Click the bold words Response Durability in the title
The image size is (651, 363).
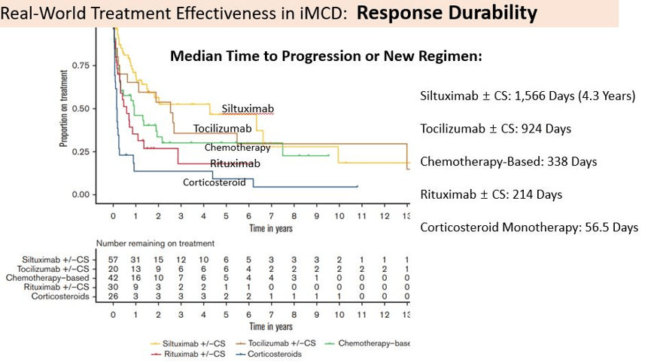pos(447,13)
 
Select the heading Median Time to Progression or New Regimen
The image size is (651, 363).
pos(327,56)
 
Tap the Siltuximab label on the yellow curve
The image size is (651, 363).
pos(248,108)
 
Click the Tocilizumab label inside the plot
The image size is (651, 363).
pos(222,129)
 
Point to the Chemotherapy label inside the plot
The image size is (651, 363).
pos(238,148)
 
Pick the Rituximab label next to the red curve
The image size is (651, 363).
pos(235,163)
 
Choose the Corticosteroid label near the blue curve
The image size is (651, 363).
pos(214,182)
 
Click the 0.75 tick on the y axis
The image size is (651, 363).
pos(81,66)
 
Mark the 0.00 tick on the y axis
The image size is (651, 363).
pos(81,195)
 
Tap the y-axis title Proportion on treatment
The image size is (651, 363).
pos(63,108)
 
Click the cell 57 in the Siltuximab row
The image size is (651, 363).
pos(113,260)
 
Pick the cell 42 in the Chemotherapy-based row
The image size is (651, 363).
pos(113,278)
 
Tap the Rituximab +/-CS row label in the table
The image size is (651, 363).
pos(56,287)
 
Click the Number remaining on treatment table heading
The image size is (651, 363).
pos(155,243)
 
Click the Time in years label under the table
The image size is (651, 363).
pos(271,327)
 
